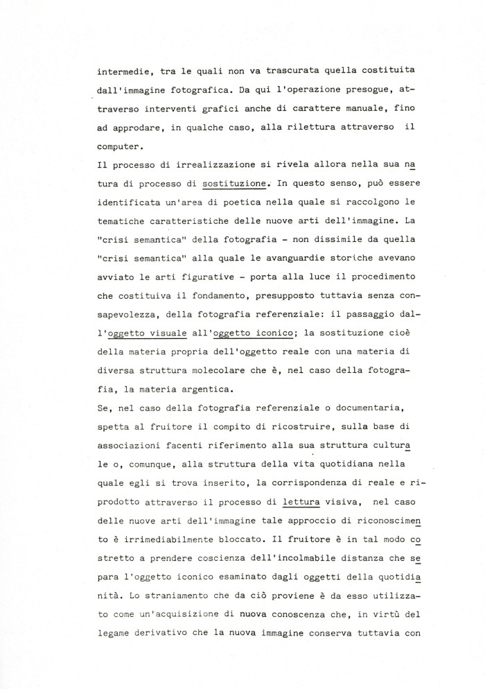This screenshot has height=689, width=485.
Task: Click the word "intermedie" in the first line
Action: [125, 70]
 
